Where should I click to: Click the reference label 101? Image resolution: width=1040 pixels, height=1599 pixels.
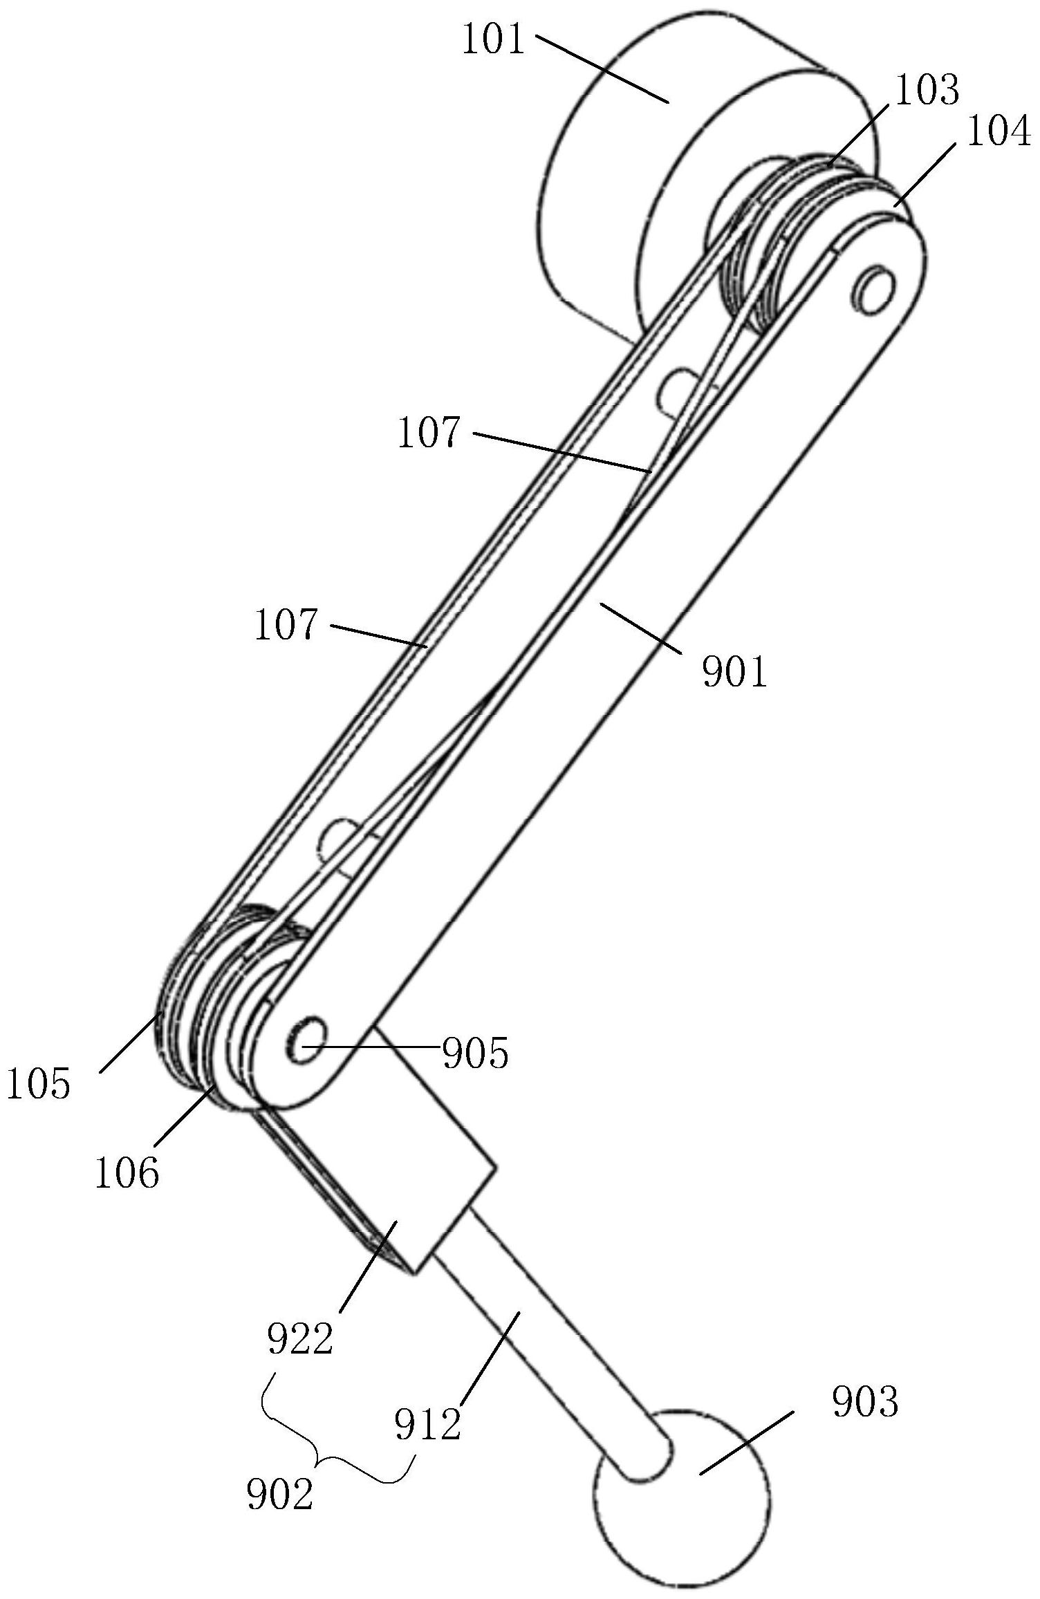(x=494, y=41)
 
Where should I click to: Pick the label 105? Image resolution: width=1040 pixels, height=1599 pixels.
(x=39, y=1083)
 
